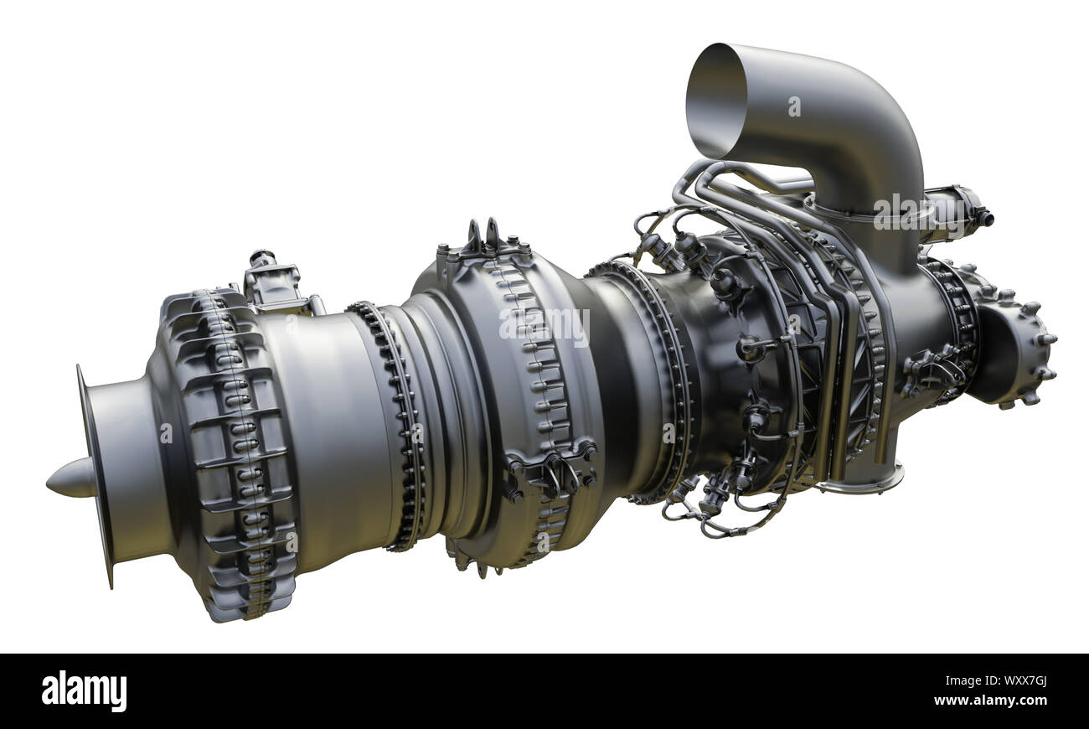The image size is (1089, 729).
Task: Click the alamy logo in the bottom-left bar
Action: [84, 691]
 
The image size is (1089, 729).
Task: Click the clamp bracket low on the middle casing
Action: [549, 474]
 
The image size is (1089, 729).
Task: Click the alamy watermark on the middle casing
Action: [544, 325]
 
